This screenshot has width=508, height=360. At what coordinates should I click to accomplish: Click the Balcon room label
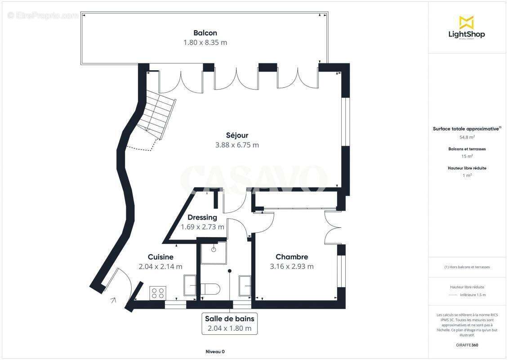click(x=205, y=33)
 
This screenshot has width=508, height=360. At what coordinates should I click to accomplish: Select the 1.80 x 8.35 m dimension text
click(x=205, y=43)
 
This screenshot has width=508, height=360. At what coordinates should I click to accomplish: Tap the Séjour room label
click(x=237, y=135)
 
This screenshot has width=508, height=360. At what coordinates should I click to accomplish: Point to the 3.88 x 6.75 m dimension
click(x=237, y=145)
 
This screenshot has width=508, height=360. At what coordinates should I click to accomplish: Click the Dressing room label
click(x=202, y=217)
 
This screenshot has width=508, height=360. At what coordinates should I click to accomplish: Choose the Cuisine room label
click(x=160, y=257)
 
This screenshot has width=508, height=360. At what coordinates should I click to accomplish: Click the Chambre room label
click(x=292, y=257)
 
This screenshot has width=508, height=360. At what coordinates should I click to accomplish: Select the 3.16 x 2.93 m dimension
click(x=292, y=266)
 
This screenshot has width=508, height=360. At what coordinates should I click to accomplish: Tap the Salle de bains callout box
click(x=230, y=324)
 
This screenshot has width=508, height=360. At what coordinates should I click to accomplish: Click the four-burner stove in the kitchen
click(x=158, y=293)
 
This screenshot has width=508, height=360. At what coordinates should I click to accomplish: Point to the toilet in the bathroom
click(x=210, y=289)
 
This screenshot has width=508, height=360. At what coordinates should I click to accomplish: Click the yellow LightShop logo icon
click(x=466, y=22)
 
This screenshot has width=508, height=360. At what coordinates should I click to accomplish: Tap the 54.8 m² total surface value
click(x=467, y=137)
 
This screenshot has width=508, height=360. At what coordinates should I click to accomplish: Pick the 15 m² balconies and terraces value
click(x=467, y=156)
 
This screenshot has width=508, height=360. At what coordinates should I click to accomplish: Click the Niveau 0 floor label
click(x=214, y=351)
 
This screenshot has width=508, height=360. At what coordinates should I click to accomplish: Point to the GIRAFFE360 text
click(x=467, y=345)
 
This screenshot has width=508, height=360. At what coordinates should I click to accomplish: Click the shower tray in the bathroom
click(x=213, y=252)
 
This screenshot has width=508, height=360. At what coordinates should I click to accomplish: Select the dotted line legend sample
click(x=453, y=295)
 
